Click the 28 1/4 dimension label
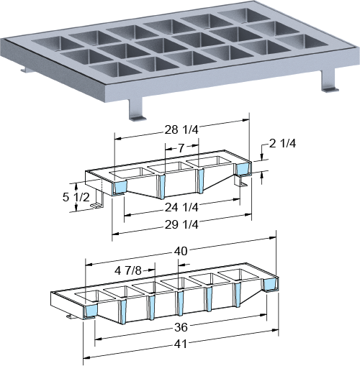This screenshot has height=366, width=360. pos(181,129)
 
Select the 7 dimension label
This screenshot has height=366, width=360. pos(181,148)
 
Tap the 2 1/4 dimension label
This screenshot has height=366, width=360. pos(282,143)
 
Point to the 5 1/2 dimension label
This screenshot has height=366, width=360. pos(76,197)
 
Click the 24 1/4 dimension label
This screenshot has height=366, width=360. pos(181,207)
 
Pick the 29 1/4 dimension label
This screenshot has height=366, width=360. pos(181,224)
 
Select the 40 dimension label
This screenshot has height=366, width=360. pos(181,251)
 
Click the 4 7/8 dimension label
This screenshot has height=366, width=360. pos(128,270)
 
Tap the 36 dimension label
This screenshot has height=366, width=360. pos(181,327)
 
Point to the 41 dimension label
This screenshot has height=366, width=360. pos(180,344)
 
